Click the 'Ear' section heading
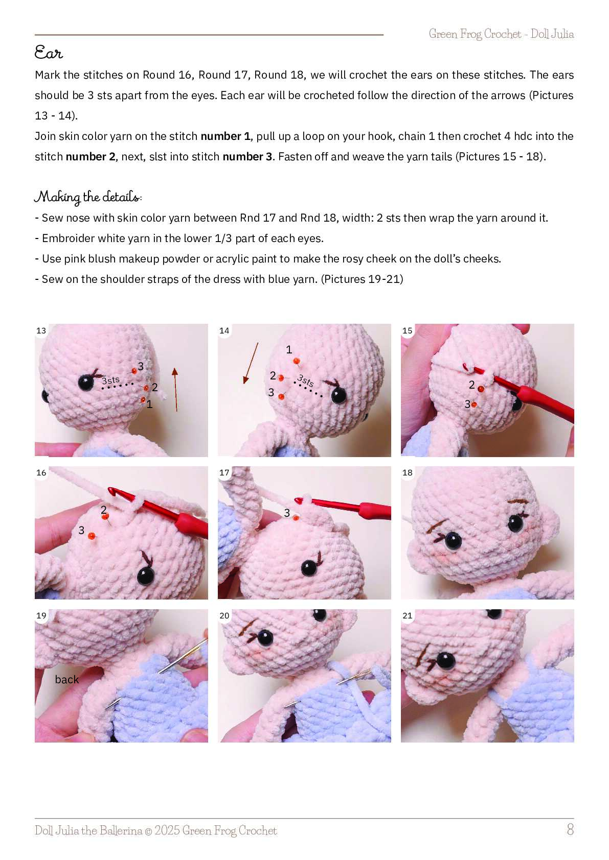pos(49,52)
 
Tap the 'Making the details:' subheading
pos(88,197)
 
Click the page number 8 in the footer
pos(570,830)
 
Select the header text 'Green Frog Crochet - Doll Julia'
pos(501,34)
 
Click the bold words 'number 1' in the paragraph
pos(225,136)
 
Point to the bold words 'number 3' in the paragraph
pos(247,157)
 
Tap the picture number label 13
pos(41,330)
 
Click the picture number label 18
pos(407,472)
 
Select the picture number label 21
pos(407,616)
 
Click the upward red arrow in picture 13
pos(176,390)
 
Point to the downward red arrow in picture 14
pos(250,363)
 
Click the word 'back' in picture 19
pos(66,680)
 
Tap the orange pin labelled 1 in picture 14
pos(296,361)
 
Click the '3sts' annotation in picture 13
pos(111,380)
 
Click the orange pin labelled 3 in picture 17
pos(296,518)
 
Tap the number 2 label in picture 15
pos(472,385)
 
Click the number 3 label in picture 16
pos(81,530)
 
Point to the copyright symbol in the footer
pos(148,831)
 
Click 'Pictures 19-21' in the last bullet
pos(362,279)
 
